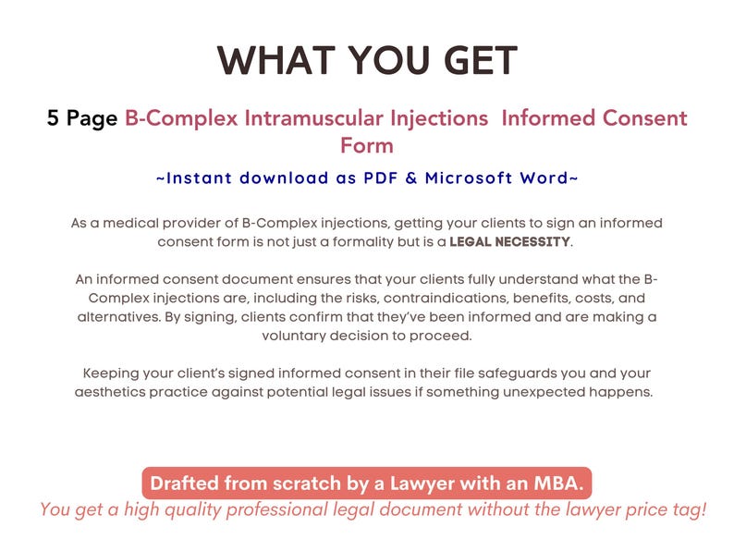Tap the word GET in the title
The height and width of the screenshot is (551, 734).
[473, 61]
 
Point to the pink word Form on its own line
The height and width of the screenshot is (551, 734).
[366, 145]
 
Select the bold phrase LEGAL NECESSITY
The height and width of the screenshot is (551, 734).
[510, 242]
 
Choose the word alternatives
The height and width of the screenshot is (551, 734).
[120, 318]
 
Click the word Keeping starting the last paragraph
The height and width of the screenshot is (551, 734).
[116, 373]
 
